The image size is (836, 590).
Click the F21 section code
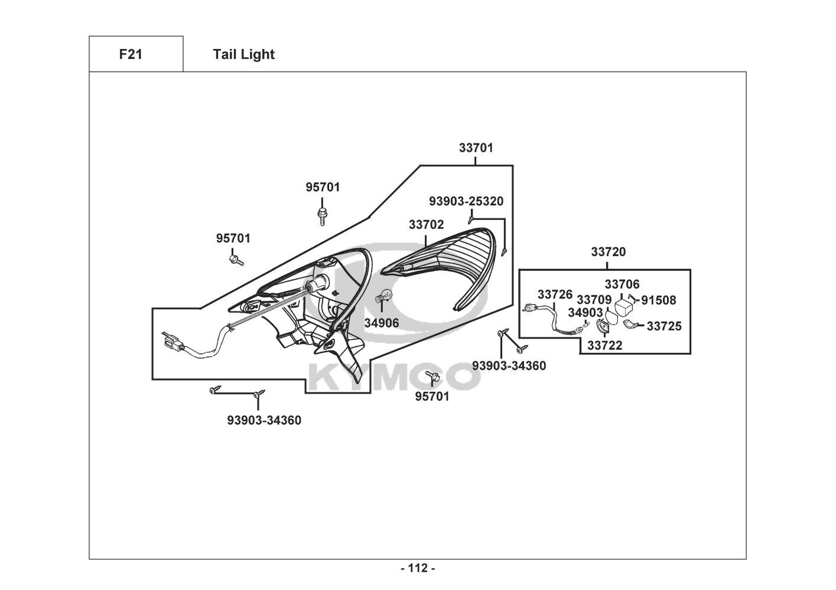click(131, 54)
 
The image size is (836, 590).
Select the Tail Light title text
click(243, 54)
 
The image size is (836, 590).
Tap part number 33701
click(476, 147)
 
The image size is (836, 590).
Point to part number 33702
click(426, 225)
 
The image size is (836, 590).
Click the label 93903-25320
click(466, 201)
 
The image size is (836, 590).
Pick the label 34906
click(381, 323)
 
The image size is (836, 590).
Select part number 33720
click(608, 252)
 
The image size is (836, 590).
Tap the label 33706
click(622, 285)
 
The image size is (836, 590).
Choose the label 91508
click(658, 300)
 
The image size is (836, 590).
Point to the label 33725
click(663, 326)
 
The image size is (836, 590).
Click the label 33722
click(604, 346)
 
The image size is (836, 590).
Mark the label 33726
click(555, 294)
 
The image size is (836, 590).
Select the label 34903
click(585, 312)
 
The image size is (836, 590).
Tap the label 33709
click(594, 300)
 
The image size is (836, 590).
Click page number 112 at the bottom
click(418, 569)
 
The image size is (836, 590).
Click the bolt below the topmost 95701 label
click(322, 217)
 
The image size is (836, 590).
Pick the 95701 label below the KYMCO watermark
click(432, 396)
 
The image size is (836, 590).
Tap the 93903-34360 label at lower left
click(264, 420)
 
